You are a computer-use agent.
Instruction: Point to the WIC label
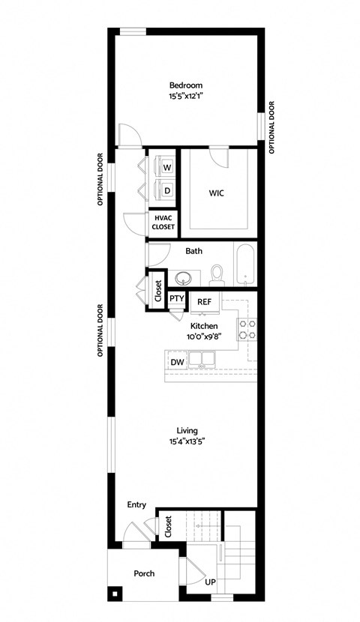[217, 193]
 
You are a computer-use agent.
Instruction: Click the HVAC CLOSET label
[163, 222]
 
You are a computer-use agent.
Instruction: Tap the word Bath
[193, 251]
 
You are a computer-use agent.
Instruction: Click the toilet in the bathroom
[217, 274]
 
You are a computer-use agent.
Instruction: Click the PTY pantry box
[177, 298]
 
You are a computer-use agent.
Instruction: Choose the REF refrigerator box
[204, 301]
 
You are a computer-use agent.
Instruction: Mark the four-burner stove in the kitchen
[247, 328]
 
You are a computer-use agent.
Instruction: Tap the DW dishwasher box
[177, 363]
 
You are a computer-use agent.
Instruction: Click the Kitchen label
[203, 326]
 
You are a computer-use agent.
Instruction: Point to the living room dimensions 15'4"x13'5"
[187, 442]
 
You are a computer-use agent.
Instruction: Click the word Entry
[136, 505]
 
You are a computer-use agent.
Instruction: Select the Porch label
[144, 573]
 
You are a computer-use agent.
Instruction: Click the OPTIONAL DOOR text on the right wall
[271, 127]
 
